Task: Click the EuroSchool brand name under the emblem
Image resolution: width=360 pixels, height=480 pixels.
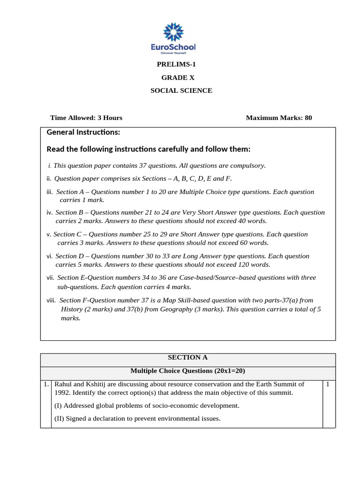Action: (x=173, y=47)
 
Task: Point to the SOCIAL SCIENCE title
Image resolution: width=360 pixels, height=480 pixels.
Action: (x=181, y=90)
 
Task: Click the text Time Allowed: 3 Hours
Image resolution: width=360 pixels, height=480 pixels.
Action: (x=86, y=118)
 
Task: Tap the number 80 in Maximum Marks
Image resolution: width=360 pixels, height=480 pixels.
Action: (x=308, y=118)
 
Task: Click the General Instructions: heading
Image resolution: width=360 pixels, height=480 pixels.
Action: (x=83, y=132)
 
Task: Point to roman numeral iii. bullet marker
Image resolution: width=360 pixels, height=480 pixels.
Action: (x=50, y=192)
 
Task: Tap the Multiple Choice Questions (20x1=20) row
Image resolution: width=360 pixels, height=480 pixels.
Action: (x=187, y=371)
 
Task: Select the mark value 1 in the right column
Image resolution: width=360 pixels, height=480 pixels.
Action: (x=328, y=384)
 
